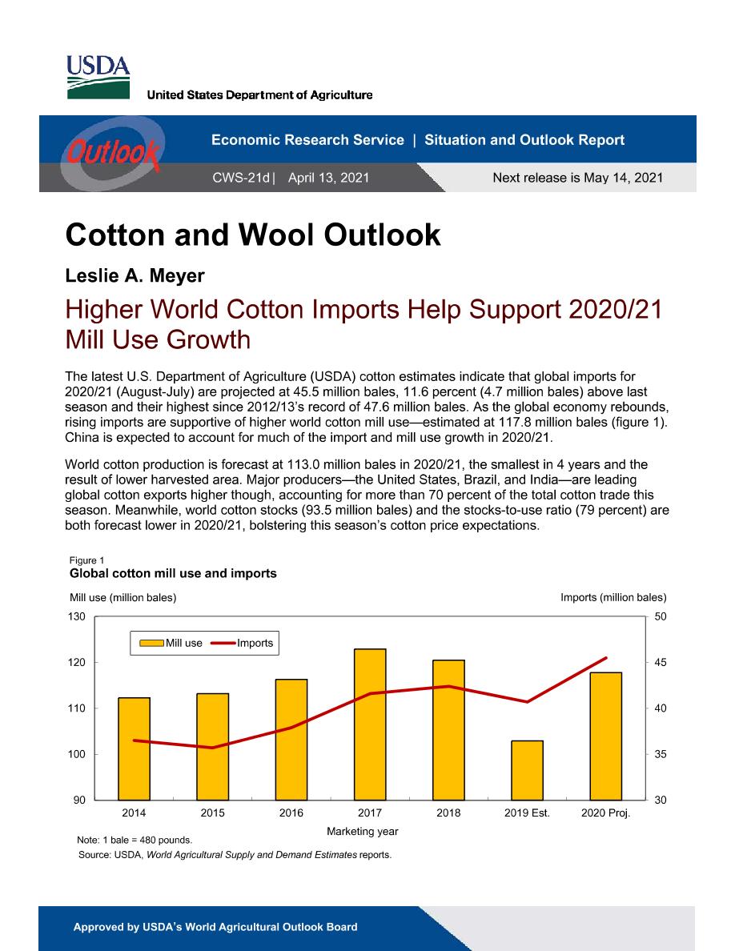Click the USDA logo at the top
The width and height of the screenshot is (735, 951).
(x=98, y=77)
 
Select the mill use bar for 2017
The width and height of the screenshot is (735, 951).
(x=370, y=724)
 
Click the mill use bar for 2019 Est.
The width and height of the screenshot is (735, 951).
(x=527, y=770)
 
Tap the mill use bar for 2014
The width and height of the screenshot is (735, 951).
(x=134, y=748)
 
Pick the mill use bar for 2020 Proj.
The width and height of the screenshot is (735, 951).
(x=606, y=736)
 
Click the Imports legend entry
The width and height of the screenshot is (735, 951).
(x=243, y=643)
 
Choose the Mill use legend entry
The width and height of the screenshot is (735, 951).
(x=171, y=643)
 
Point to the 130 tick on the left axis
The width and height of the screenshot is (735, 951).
(x=76, y=617)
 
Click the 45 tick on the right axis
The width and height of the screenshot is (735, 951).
(x=661, y=662)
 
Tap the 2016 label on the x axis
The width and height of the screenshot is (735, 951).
(x=291, y=813)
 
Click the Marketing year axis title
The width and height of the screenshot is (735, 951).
(x=363, y=831)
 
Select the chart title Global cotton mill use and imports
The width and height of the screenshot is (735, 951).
(x=173, y=573)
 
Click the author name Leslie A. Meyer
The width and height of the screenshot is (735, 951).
(x=135, y=275)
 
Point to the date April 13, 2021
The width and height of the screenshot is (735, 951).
(x=329, y=178)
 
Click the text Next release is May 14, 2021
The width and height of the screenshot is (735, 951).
(x=578, y=178)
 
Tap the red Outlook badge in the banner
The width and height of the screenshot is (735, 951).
(x=113, y=153)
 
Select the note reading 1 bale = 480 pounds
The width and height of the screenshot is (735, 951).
(x=134, y=840)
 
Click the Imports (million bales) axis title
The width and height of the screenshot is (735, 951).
(x=613, y=597)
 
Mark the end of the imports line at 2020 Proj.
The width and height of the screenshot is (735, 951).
(x=606, y=657)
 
